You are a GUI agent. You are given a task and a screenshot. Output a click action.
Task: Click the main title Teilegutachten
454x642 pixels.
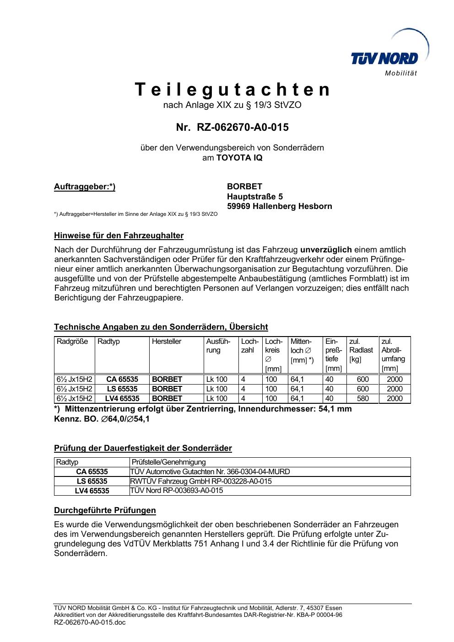pos(232,90)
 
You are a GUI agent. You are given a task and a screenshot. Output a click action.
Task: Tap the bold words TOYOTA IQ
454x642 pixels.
pos(239,158)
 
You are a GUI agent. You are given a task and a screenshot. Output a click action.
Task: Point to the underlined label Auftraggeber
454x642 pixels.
pos(85,187)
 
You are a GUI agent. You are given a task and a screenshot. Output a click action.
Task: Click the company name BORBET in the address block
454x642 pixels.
pos(244,187)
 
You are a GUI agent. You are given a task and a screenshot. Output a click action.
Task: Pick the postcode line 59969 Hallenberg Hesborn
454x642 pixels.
pos(279,206)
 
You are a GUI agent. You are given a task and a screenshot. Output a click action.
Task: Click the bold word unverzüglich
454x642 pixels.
pos(326,250)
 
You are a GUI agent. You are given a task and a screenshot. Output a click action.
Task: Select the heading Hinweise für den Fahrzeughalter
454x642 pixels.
pos(119,236)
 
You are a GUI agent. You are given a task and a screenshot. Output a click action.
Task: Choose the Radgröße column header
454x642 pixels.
pos(72,342)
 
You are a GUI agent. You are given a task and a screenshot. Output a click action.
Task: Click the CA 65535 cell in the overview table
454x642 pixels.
pos(122,380)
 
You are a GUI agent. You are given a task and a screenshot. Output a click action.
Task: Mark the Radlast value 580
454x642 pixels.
pos(362,399)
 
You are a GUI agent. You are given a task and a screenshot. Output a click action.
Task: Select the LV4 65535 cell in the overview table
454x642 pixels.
pos(122,399)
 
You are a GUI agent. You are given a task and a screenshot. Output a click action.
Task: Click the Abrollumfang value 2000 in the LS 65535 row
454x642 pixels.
pos(395,389)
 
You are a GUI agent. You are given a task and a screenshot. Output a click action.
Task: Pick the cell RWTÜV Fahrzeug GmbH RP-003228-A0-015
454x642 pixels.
pos(201,481)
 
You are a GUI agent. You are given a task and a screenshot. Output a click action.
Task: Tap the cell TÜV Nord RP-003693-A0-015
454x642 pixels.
pos(177,491)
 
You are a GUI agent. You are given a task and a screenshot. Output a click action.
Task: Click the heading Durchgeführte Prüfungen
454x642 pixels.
pos(105,510)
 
